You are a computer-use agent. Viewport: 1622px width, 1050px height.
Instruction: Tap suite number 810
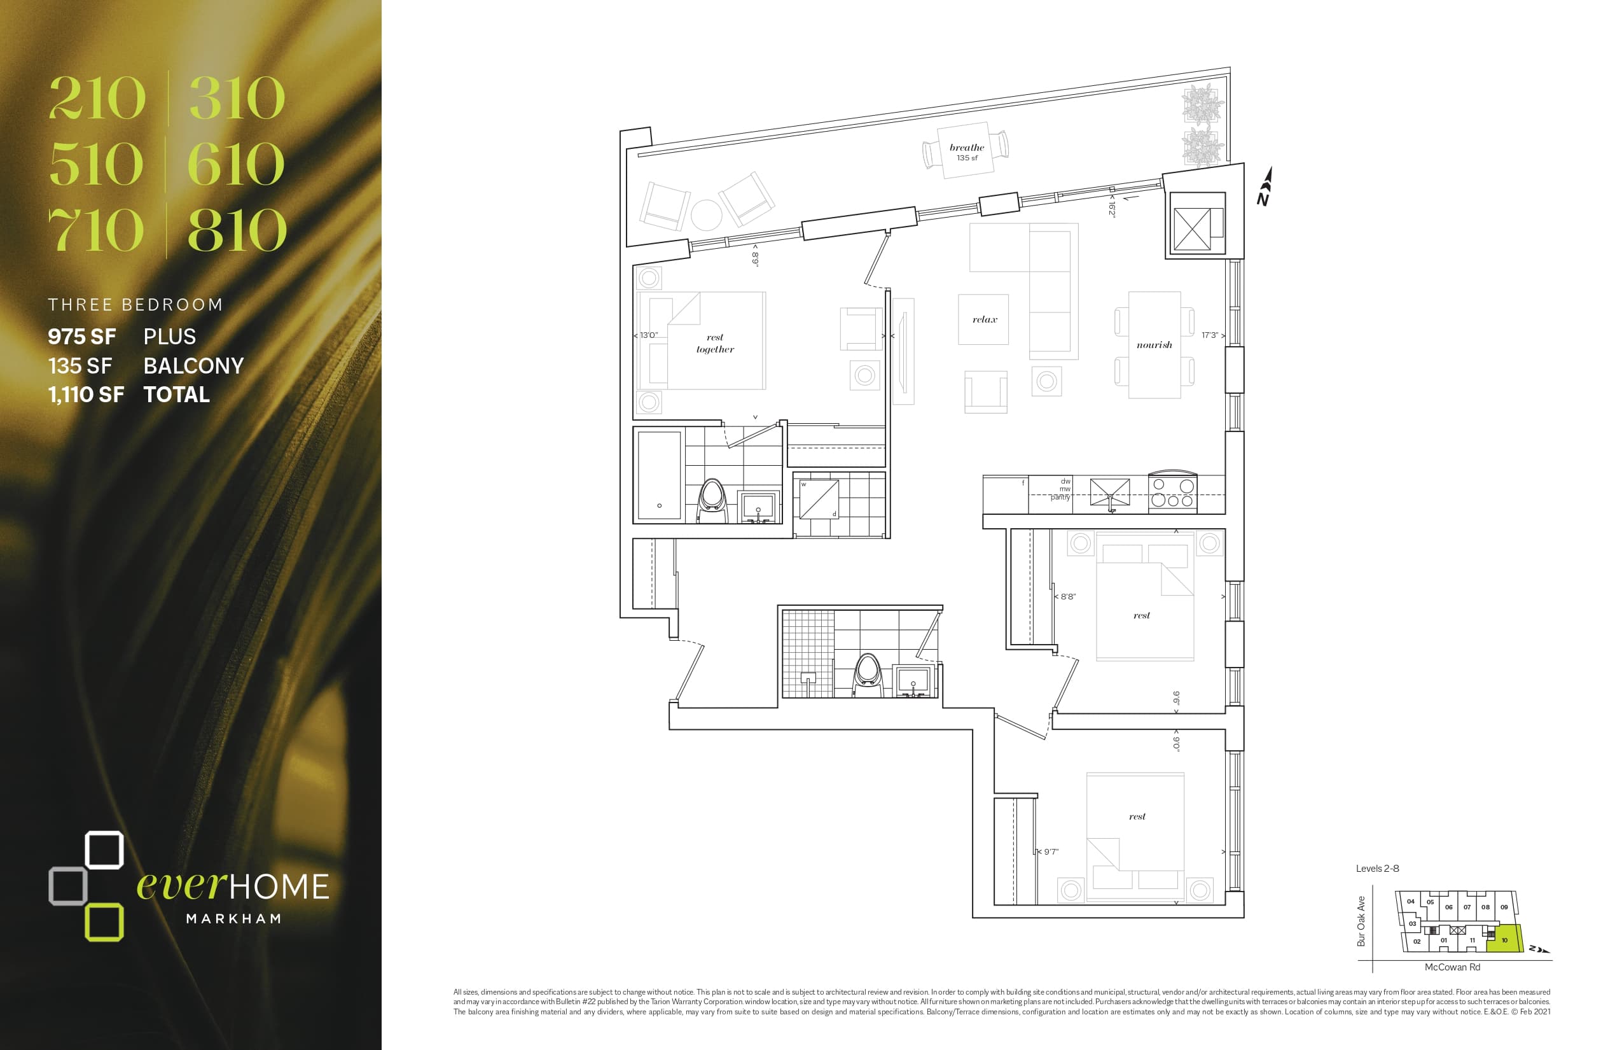[237, 230]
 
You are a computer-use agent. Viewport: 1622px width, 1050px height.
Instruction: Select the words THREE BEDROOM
[135, 305]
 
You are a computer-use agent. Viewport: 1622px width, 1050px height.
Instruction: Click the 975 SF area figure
[82, 337]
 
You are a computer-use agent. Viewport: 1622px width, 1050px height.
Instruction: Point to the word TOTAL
[177, 395]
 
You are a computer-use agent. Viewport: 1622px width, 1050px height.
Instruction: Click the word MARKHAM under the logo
[234, 919]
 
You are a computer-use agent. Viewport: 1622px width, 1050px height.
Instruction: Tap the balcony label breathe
[966, 148]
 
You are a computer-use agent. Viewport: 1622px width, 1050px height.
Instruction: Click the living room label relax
[984, 319]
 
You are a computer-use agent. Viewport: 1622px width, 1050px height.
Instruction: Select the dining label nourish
[1154, 345]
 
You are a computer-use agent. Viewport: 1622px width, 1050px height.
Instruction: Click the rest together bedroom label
[715, 344]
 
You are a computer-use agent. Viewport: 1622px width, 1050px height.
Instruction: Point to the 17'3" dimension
[1210, 335]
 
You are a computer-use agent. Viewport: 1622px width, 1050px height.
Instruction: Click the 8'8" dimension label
[1068, 597]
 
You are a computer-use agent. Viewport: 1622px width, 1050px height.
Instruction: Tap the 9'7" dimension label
[1051, 851]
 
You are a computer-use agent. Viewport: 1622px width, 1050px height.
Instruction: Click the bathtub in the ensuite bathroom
[659, 475]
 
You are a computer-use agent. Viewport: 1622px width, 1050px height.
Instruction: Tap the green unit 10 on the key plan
[1504, 939]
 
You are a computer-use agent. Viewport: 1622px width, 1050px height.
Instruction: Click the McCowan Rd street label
[1452, 967]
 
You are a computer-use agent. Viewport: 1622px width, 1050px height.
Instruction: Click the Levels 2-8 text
[1377, 869]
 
